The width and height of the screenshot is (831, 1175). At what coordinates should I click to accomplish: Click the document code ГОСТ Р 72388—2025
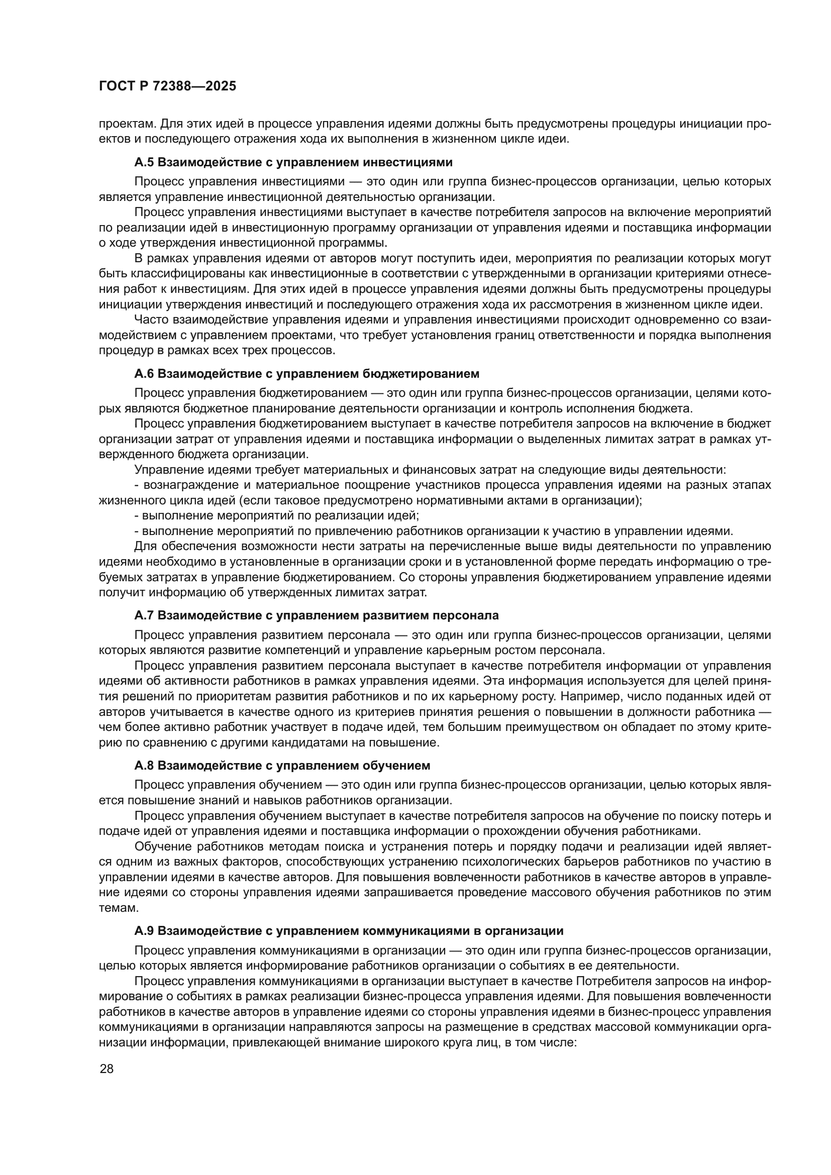click(167, 86)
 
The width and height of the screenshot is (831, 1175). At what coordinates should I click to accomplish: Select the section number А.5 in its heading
click(144, 163)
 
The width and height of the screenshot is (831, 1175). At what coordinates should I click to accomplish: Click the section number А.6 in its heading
click(144, 374)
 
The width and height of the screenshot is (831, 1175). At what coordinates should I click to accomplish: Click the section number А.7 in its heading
click(144, 615)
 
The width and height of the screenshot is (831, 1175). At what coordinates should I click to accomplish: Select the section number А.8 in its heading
click(144, 766)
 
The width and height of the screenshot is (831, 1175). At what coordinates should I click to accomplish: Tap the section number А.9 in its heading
click(144, 930)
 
